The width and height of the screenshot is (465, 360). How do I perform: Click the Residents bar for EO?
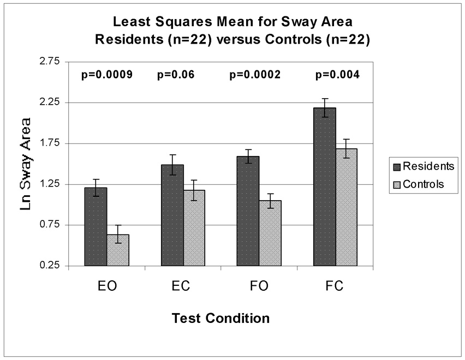click(x=96, y=227)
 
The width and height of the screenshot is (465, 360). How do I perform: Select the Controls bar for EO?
click(x=118, y=250)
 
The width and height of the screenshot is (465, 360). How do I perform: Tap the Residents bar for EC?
click(x=172, y=215)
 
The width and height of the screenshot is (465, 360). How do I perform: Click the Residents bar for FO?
click(x=248, y=211)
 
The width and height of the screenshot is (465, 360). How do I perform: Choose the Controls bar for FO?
click(x=271, y=233)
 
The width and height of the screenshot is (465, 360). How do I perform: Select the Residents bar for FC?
click(x=325, y=187)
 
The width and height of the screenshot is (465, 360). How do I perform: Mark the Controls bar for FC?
click(x=347, y=207)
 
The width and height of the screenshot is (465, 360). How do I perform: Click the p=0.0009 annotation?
click(x=106, y=75)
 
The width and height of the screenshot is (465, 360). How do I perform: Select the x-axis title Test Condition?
click(x=220, y=317)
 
